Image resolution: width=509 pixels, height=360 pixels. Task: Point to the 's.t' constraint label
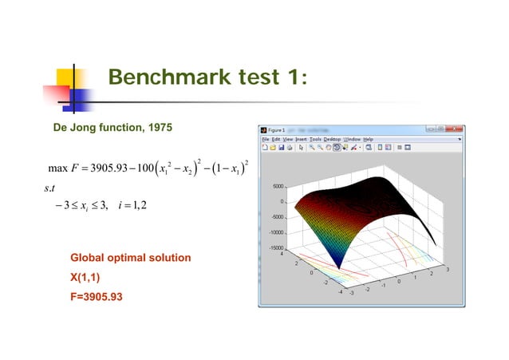coord(53,188)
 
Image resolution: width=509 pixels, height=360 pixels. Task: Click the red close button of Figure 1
coord(456,129)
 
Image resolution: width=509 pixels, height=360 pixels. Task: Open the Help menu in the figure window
coord(368,138)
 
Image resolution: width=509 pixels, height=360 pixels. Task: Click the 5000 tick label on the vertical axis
coord(275,185)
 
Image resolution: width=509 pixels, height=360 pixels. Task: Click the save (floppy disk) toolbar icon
coord(281,148)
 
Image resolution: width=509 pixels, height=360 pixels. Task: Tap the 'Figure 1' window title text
coord(277,129)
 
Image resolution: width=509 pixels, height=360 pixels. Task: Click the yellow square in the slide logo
coord(68,78)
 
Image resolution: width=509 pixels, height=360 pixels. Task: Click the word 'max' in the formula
coord(57,168)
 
